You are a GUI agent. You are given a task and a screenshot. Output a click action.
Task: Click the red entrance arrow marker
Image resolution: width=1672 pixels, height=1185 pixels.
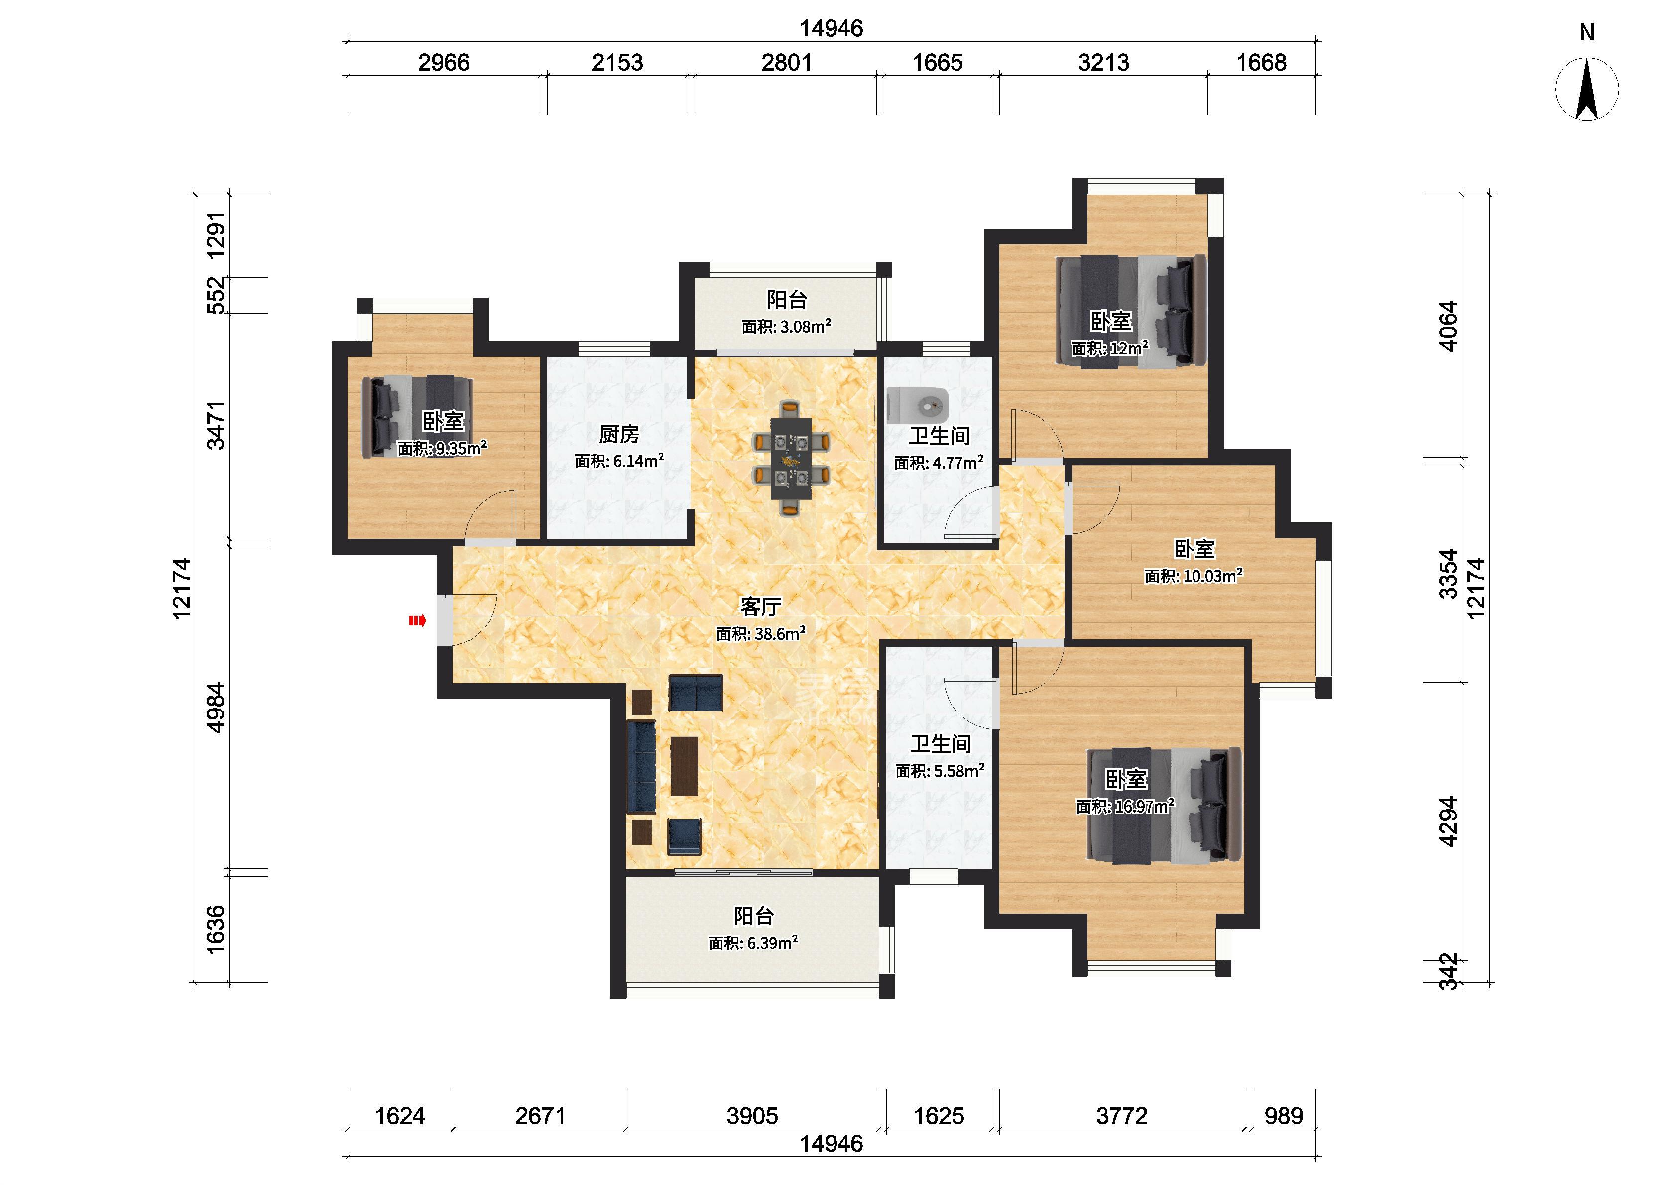click(417, 621)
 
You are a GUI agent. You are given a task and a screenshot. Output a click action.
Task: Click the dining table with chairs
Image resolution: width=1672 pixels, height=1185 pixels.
click(791, 458)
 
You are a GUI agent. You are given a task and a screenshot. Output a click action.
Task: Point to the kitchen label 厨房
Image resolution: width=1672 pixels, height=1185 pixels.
click(619, 434)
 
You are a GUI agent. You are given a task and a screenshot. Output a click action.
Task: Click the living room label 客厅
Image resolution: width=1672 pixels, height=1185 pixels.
click(761, 606)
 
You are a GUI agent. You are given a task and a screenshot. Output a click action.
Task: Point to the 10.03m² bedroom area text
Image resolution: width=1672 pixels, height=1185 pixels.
click(1213, 576)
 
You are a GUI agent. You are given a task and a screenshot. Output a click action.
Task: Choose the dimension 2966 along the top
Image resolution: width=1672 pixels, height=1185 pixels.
click(444, 63)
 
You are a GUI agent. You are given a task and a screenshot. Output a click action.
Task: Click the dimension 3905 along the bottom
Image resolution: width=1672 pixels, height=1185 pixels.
click(752, 1116)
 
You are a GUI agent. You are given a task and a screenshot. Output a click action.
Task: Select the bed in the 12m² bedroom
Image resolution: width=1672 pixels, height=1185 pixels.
click(1131, 312)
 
